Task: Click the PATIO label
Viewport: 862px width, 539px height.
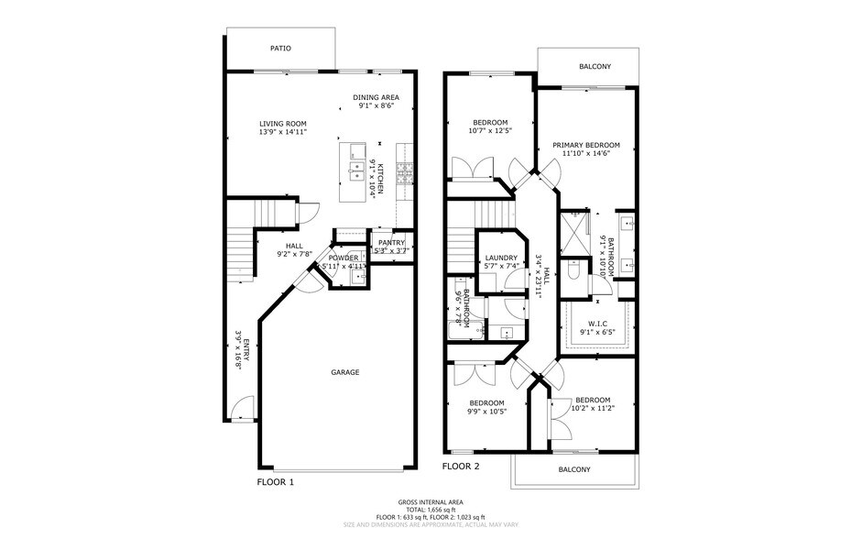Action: (280, 48)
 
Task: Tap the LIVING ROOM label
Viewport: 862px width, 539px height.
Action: (282, 124)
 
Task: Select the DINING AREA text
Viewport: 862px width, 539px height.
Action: (376, 97)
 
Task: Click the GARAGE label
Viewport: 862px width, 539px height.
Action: (344, 372)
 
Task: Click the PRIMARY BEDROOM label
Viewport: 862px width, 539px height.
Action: (585, 145)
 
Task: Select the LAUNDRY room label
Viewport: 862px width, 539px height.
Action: (501, 258)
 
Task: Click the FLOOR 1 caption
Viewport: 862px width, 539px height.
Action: (275, 481)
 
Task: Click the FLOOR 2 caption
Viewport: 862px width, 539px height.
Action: (461, 467)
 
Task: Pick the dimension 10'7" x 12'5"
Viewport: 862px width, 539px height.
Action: (491, 131)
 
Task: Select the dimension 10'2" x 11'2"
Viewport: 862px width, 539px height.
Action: (593, 409)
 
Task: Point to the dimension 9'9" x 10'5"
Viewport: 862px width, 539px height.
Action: (486, 412)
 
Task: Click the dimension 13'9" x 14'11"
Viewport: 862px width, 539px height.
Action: (282, 132)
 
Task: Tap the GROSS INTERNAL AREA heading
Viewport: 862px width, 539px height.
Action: (431, 502)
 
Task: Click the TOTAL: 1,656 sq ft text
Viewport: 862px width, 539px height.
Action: (431, 510)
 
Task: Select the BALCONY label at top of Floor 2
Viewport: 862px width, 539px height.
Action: (595, 67)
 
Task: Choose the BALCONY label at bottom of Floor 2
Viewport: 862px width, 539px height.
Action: (574, 469)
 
